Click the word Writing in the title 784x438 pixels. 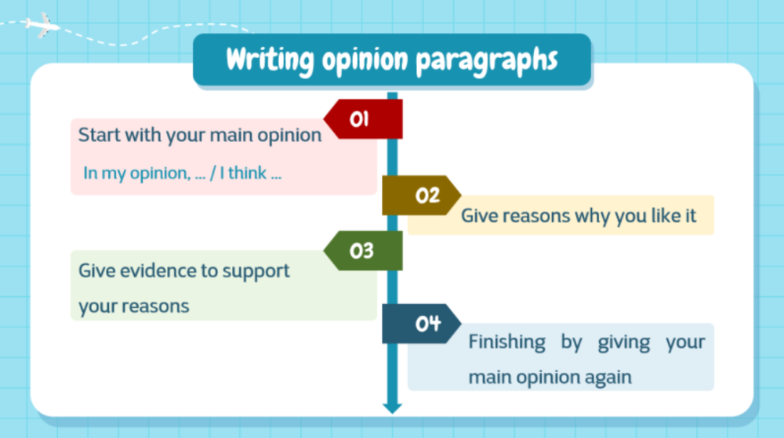click(263, 60)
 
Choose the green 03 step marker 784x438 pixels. click(363, 251)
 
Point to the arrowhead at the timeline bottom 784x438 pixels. click(392, 407)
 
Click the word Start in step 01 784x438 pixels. click(99, 135)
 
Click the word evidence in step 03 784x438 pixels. click(154, 271)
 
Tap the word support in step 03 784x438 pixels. click(256, 271)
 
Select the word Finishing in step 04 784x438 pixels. click(506, 342)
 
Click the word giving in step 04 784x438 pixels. click(624, 342)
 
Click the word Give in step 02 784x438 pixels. click(479, 215)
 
